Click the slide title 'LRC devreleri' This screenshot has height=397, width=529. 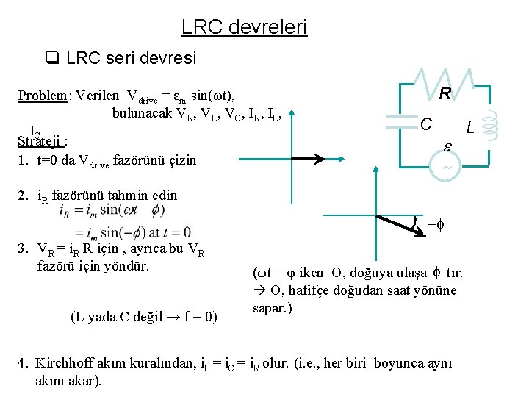pyautogui.click(x=244, y=28)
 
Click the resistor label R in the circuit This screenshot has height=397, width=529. pyautogui.click(x=445, y=94)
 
